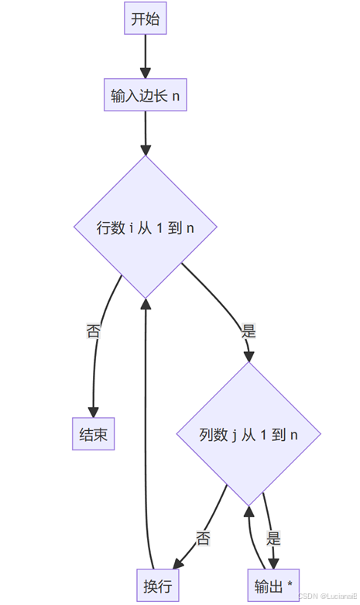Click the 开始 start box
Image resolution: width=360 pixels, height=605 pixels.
pos(146,18)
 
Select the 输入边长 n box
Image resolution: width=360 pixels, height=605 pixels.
pos(146,95)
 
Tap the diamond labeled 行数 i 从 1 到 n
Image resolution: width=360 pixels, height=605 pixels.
pos(146,227)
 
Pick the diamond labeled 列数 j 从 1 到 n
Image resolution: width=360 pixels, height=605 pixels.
pos(249,434)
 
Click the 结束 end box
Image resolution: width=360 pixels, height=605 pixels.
pos(93,434)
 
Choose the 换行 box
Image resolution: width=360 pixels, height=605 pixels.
pos(158,586)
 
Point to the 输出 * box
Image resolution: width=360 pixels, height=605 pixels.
pos(273,586)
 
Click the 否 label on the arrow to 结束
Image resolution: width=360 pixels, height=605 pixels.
pos(93,331)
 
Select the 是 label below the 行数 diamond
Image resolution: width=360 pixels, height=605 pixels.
pos(249,331)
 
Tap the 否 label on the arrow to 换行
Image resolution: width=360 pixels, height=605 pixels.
pos(203,538)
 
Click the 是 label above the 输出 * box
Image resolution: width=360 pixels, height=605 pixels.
pos(273,538)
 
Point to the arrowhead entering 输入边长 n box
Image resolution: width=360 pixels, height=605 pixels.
pos(146,73)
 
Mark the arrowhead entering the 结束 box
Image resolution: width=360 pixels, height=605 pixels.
pos(93,412)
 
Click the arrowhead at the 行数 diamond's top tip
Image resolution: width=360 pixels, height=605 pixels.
pos(146,150)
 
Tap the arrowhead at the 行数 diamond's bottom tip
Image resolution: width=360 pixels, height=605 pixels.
pos(146,304)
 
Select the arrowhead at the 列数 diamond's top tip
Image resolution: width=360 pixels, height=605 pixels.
pos(249,357)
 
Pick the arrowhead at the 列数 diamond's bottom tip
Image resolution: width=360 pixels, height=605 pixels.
pos(249,511)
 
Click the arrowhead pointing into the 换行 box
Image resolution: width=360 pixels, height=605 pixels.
pos(178,564)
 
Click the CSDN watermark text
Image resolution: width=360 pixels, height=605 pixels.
pos(327,596)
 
